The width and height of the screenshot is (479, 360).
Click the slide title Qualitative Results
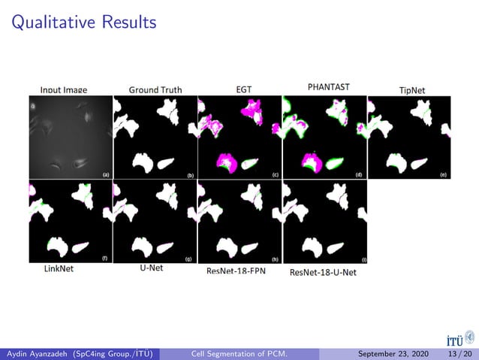point(84,23)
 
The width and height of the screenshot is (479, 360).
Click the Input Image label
point(64,90)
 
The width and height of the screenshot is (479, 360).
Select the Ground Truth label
point(155,89)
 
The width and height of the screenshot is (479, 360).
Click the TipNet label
point(412,90)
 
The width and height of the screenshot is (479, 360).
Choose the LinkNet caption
point(59,268)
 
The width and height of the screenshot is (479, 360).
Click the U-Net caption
point(152,268)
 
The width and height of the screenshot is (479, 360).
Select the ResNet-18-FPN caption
point(237,270)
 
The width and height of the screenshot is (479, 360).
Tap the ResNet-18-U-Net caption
point(323,271)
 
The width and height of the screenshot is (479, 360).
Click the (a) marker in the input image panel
point(106,174)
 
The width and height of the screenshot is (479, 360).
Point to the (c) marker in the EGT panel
point(276,174)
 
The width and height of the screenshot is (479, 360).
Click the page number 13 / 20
point(459,354)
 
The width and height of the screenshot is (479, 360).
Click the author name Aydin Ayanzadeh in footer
point(38,354)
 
